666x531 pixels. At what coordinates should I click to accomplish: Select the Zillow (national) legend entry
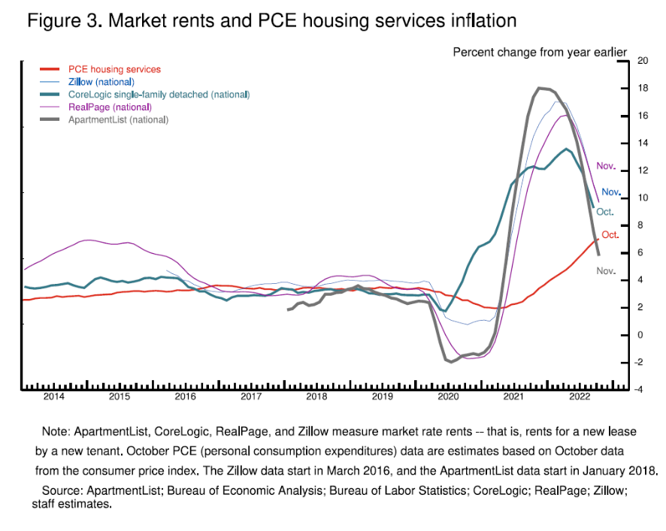coord(101,82)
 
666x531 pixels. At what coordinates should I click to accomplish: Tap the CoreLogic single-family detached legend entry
coord(158,95)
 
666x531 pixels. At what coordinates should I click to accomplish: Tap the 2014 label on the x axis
coord(54,396)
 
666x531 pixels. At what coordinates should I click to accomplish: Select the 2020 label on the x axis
coord(448,396)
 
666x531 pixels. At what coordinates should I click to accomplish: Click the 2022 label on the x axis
coord(580,396)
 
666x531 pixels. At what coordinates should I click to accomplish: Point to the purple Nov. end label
coord(606,165)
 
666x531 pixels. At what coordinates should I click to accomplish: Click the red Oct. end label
coord(610,235)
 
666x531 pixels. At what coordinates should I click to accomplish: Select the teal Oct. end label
coord(605,213)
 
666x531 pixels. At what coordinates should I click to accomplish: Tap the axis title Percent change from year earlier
coord(540,52)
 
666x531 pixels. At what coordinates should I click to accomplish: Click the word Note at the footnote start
coord(54,432)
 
